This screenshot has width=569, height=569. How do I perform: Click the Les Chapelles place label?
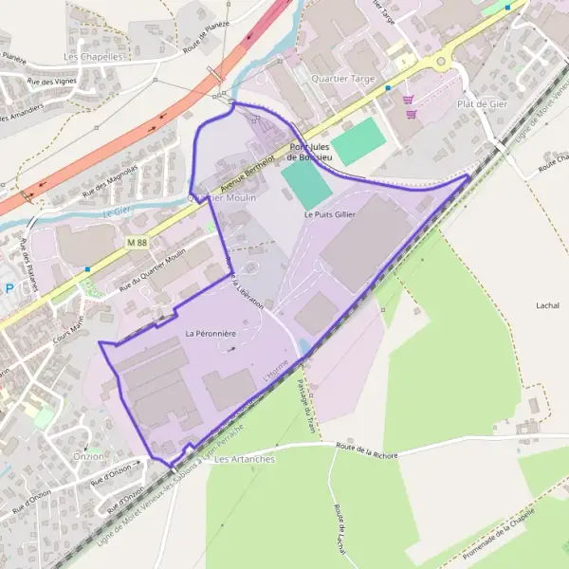pyautogui.click(x=93, y=57)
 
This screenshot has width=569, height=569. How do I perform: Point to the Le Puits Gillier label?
pyautogui.click(x=329, y=215)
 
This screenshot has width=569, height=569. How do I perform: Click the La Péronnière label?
pyautogui.click(x=211, y=333)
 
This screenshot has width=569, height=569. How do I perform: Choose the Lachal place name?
pyautogui.click(x=547, y=306)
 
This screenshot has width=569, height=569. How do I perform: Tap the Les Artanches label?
pyautogui.click(x=245, y=459)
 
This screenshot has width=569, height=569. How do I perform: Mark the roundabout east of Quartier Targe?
pyautogui.click(x=440, y=63)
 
